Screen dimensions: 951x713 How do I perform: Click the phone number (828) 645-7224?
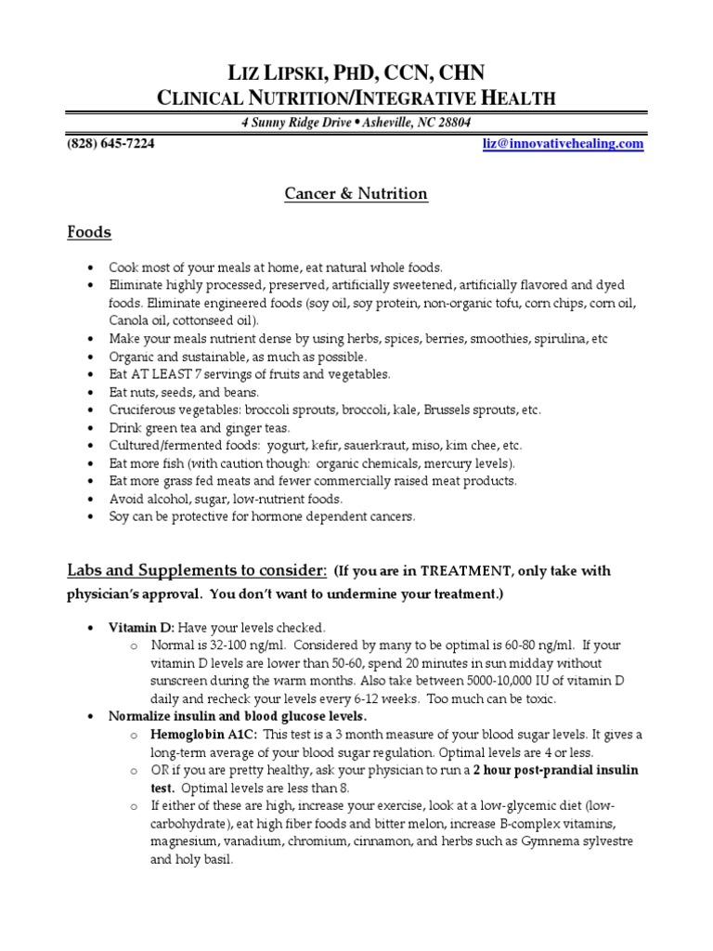pyautogui.click(x=110, y=144)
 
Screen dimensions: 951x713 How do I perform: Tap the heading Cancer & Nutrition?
pyautogui.click(x=356, y=194)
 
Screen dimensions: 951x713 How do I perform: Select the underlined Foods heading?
pyautogui.click(x=89, y=232)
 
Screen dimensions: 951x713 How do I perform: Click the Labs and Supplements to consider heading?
pyautogui.click(x=196, y=569)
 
